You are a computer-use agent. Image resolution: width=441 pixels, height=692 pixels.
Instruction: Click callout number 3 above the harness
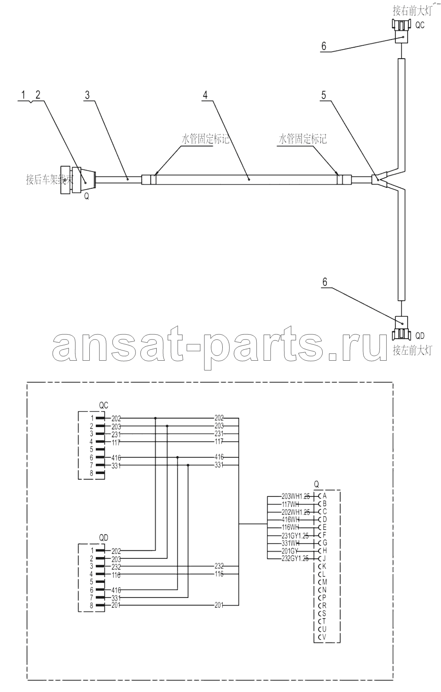pyautogui.click(x=87, y=95)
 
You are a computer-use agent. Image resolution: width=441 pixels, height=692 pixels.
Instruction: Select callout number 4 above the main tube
pyautogui.click(x=206, y=95)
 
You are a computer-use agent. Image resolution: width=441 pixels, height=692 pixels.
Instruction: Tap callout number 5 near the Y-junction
pyautogui.click(x=324, y=95)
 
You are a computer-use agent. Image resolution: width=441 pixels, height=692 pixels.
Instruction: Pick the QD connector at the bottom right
pyautogui.click(x=402, y=328)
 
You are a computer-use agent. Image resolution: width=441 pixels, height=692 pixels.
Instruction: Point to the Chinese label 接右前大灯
pyautogui.click(x=412, y=10)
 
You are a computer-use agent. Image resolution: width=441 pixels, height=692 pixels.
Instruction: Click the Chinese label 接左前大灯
pyautogui.click(x=412, y=350)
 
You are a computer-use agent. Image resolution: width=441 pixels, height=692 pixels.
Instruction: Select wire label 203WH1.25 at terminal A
pyautogui.click(x=295, y=496)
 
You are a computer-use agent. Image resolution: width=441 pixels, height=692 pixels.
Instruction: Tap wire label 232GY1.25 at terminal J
pyautogui.click(x=295, y=558)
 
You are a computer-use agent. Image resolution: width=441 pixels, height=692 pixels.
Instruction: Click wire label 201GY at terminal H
pyautogui.click(x=290, y=551)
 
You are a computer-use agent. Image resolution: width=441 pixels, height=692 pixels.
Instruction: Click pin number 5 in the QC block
pyautogui.click(x=92, y=450)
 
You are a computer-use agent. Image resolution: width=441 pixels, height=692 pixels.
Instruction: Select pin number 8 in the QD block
pyautogui.click(x=92, y=606)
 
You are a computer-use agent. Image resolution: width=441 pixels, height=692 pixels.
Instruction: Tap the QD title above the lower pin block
pyautogui.click(x=104, y=538)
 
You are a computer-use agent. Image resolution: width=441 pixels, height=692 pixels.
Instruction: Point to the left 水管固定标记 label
pyautogui.click(x=205, y=139)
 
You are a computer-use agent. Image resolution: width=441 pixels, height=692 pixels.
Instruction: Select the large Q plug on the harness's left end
pyautogui.click(x=78, y=179)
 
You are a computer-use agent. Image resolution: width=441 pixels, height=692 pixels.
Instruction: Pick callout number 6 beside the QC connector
pyautogui.click(x=324, y=46)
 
